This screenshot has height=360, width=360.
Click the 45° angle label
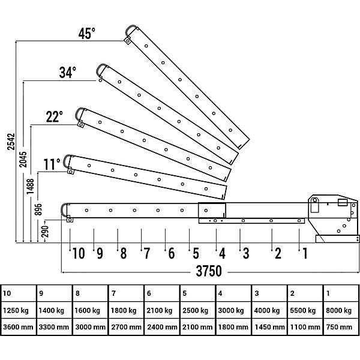[87, 34]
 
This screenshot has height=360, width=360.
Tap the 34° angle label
[67, 73]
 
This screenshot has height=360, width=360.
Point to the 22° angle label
[55, 116]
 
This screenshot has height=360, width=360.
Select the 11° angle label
[52, 164]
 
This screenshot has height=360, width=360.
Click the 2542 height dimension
[11, 142]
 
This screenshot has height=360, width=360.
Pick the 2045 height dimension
[23, 159]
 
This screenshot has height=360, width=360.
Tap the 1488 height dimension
[30, 187]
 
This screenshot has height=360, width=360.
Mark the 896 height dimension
[38, 209]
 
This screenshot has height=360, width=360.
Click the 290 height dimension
[46, 231]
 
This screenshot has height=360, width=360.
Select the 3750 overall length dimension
[209, 271]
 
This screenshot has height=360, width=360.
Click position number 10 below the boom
[79, 253]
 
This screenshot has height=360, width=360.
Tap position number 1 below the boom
[305, 253]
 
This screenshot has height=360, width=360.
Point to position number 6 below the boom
[172, 253]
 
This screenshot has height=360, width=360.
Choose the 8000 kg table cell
[338, 310]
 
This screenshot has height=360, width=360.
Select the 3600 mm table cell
[18, 327]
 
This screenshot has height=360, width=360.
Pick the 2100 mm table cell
[197, 327]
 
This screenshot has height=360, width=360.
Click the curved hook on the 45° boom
[128, 28]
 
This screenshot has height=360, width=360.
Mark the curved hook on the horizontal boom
[62, 209]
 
